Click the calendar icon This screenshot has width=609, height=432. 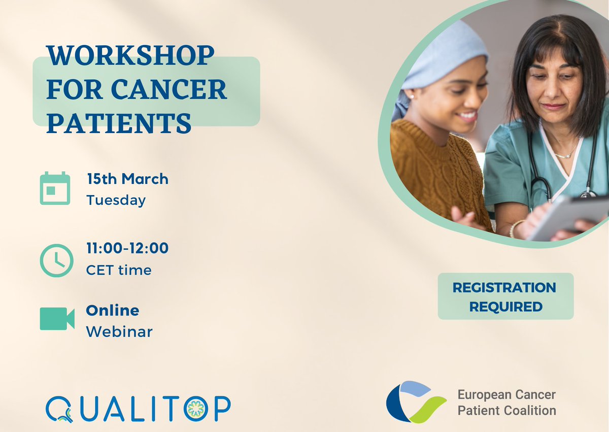tap(55, 188)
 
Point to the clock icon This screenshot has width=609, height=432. tap(56, 260)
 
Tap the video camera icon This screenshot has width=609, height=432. tap(57, 319)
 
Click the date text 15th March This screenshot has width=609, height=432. tap(127, 179)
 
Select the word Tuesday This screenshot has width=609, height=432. tap(116, 200)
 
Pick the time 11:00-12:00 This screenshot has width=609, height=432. tap(127, 248)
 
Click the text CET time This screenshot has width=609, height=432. tap(119, 270)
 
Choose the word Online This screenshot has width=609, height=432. tap(112, 310)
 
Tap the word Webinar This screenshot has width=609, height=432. tap(119, 331)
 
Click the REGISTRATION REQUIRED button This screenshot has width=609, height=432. tap(505, 296)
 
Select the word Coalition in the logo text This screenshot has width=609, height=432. tap(530, 410)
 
